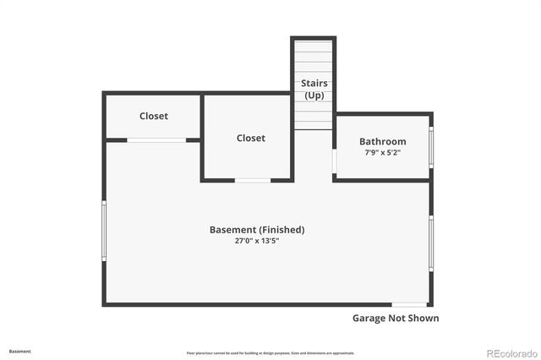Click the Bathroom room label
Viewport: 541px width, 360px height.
click(382, 141)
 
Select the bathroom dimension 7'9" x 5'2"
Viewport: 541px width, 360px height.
click(382, 153)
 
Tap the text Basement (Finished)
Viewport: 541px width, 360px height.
click(257, 229)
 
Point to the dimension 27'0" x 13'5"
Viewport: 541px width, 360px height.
click(257, 241)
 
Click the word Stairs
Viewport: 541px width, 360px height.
click(314, 83)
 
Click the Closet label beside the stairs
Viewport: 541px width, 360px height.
click(250, 138)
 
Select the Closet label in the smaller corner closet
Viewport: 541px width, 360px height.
click(153, 116)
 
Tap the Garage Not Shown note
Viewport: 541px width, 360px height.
click(395, 319)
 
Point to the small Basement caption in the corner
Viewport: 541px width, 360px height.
click(20, 351)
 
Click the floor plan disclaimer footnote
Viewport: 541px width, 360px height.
click(270, 353)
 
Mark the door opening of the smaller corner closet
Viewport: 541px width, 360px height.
click(157, 139)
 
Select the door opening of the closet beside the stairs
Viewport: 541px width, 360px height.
click(253, 180)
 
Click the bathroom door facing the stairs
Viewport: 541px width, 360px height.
click(335, 161)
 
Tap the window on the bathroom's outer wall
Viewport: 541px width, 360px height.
click(431, 146)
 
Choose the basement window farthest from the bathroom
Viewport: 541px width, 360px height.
click(104, 230)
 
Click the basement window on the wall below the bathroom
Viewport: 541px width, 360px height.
click(431, 241)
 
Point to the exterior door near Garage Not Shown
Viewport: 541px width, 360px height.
click(409, 304)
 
